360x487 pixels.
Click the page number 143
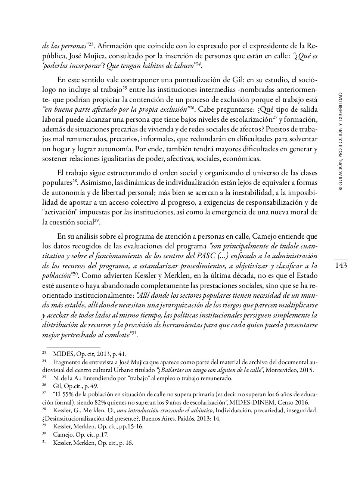[341, 266]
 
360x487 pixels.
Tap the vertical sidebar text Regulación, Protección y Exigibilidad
[340, 142]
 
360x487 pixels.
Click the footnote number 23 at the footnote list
[44, 353]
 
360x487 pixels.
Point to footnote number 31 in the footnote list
[44, 443]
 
